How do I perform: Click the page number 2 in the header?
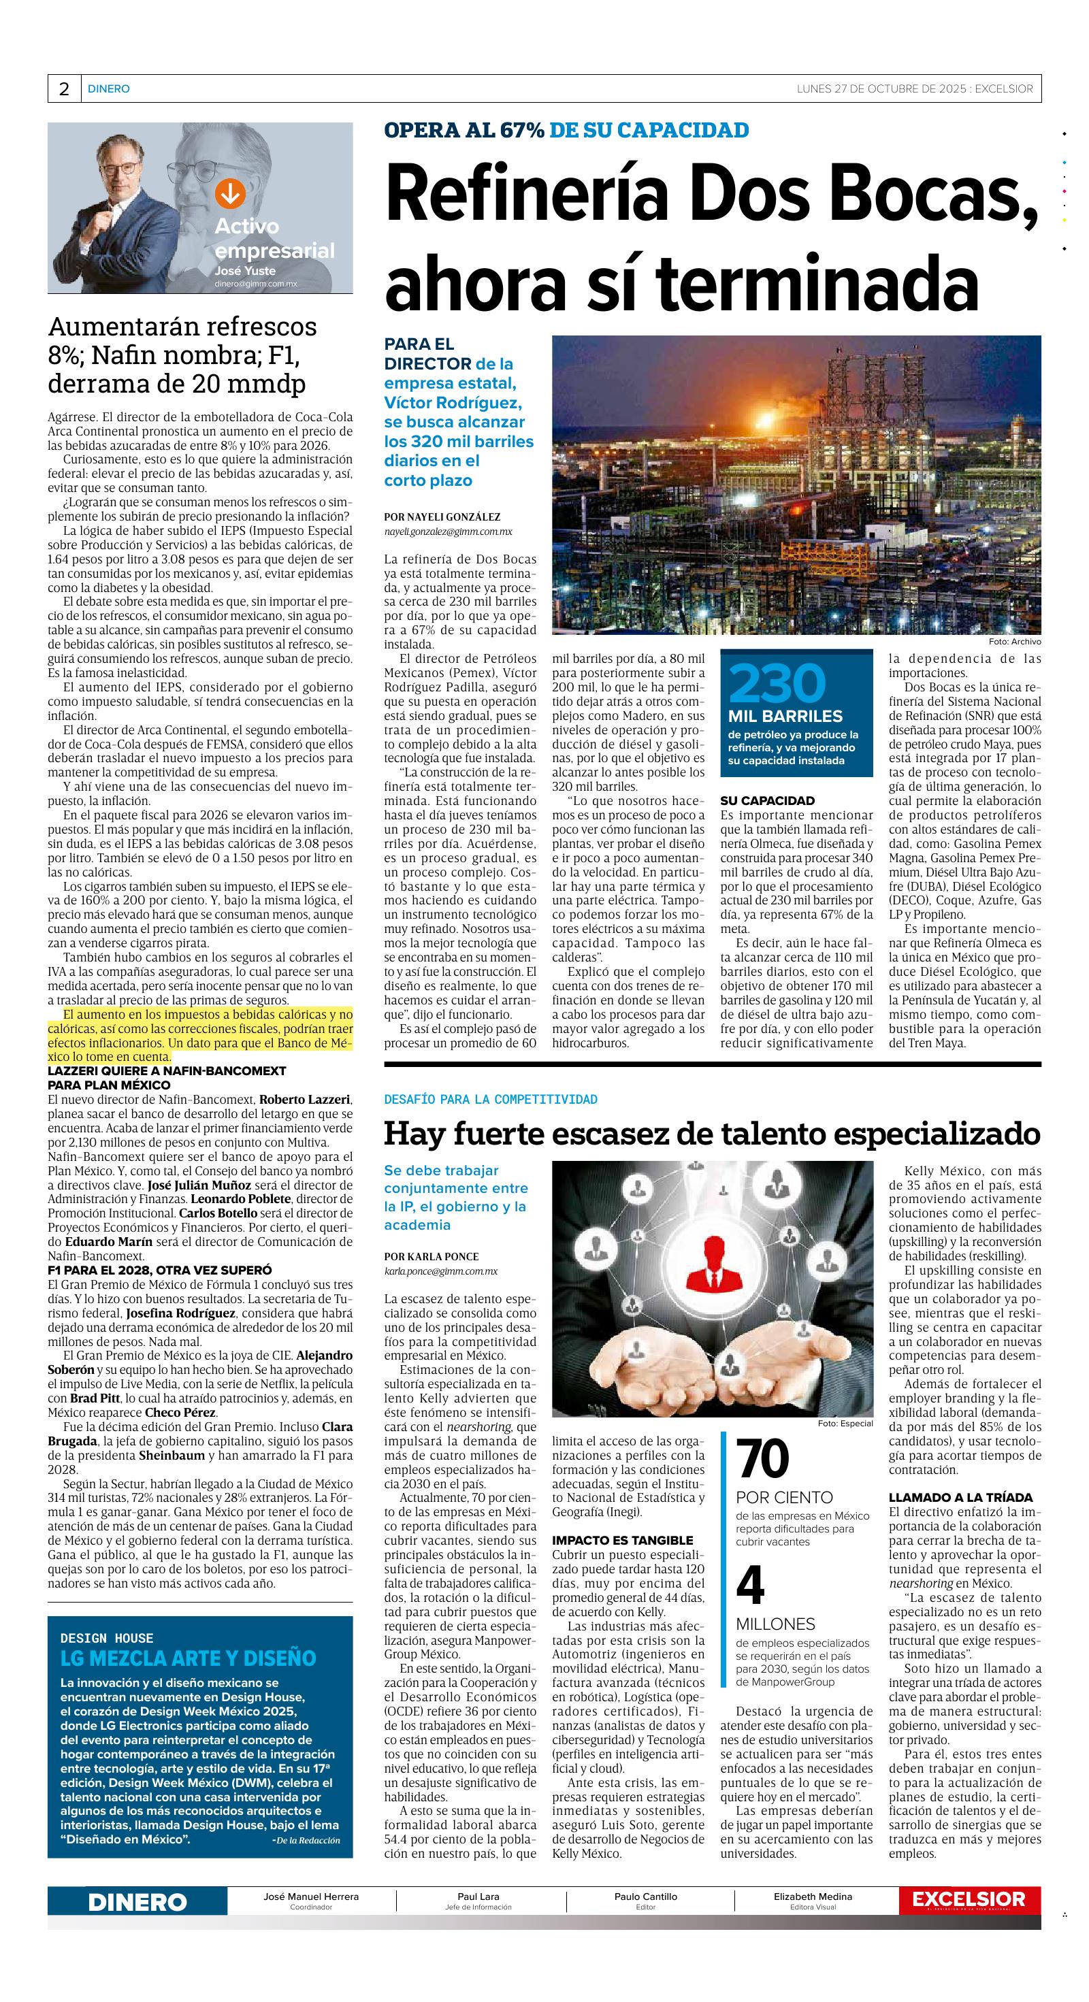[64, 88]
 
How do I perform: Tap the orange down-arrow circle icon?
[229, 193]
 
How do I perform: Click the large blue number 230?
[777, 683]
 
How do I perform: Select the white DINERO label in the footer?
[137, 1902]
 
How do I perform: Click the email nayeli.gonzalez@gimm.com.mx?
[448, 531]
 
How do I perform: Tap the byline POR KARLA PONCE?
[432, 1256]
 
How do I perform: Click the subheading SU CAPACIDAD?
[767, 800]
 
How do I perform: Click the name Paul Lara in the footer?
[478, 1897]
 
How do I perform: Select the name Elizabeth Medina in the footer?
[812, 1897]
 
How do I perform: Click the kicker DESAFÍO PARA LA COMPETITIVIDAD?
[491, 1099]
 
